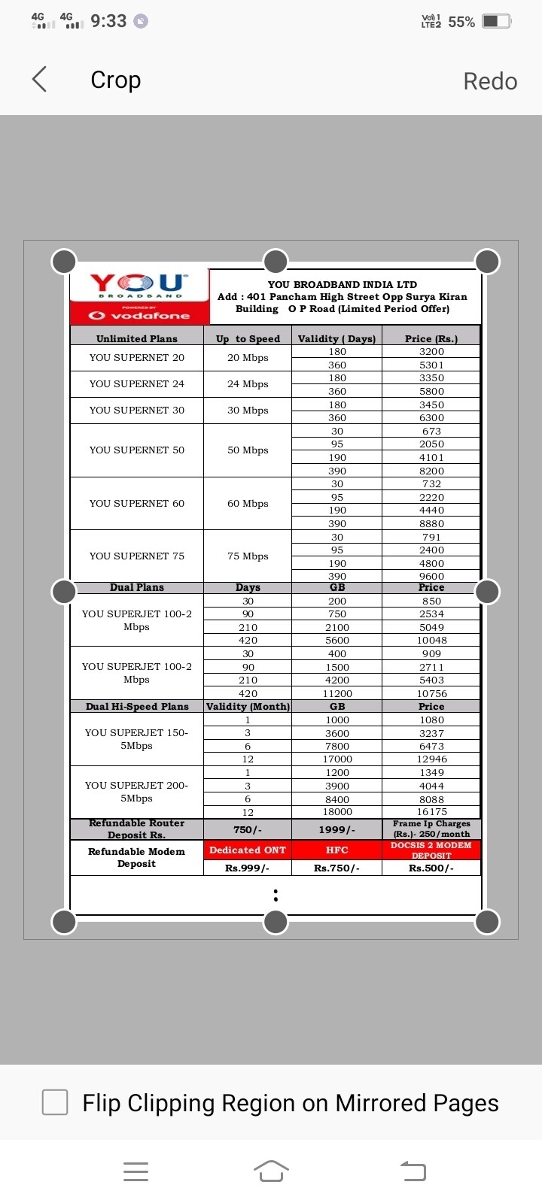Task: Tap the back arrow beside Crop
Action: (x=40, y=79)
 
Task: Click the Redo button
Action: (x=490, y=80)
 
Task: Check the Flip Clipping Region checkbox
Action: (x=55, y=1102)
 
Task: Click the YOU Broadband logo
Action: (x=139, y=286)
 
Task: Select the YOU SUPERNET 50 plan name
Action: (x=137, y=450)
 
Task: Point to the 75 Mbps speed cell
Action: (x=248, y=556)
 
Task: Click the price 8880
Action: (x=431, y=523)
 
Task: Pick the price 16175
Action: (x=431, y=812)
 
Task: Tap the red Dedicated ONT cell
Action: (x=248, y=850)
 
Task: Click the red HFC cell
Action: (x=336, y=850)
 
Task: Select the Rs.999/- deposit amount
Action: (x=248, y=868)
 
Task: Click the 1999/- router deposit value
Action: (x=336, y=829)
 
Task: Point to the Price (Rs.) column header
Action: (x=431, y=338)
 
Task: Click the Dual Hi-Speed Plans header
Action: (x=137, y=706)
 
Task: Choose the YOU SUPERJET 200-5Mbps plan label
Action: (x=137, y=792)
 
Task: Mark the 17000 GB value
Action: (x=336, y=759)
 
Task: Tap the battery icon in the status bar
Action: (x=497, y=21)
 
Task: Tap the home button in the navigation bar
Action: (x=271, y=1171)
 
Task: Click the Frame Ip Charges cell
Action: (x=431, y=829)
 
